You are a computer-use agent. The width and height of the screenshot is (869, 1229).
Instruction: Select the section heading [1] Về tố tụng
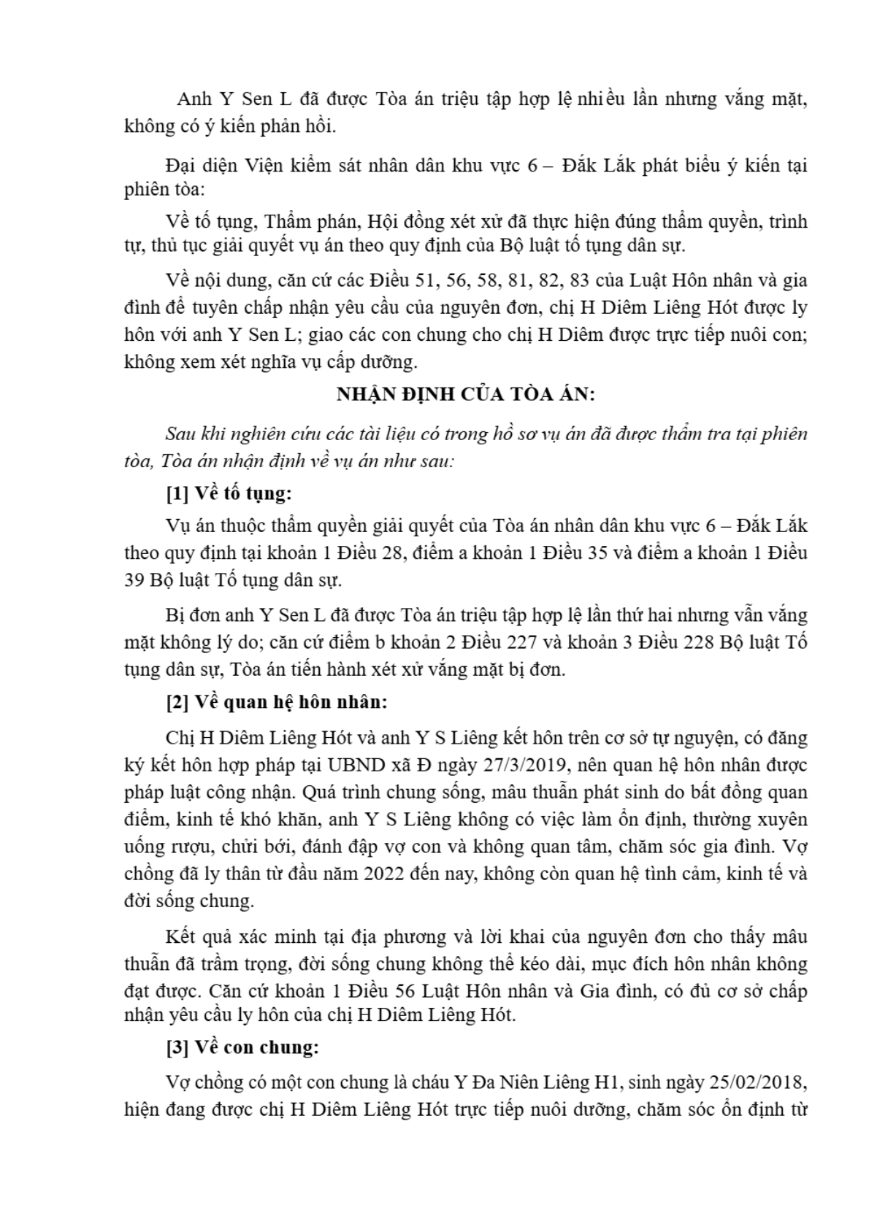(229, 493)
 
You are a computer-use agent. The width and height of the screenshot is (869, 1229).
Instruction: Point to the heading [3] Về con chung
(242, 1047)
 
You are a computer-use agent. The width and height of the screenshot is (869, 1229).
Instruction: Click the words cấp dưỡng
(378, 361)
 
